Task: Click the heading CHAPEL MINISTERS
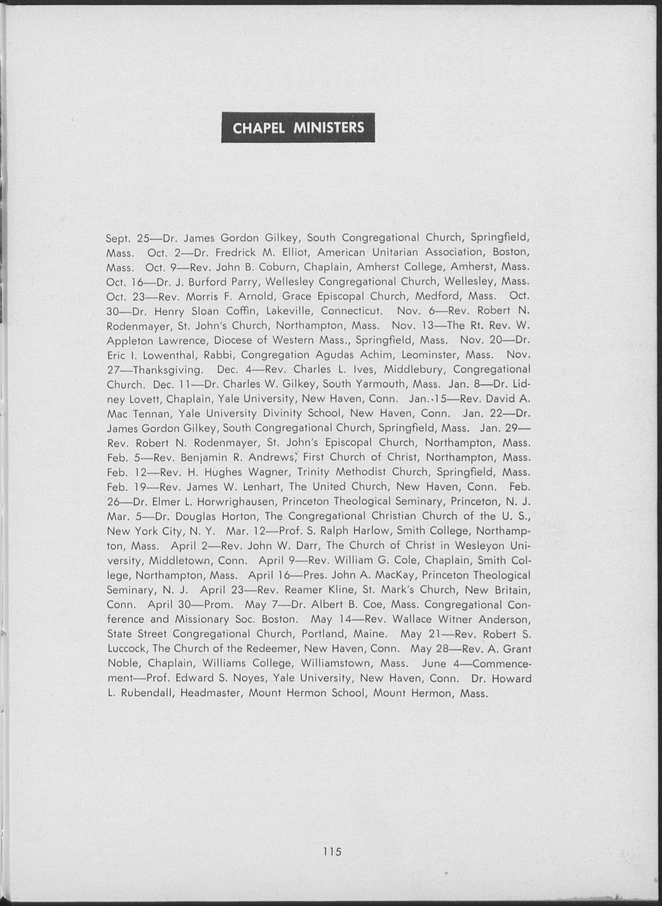point(298,128)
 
